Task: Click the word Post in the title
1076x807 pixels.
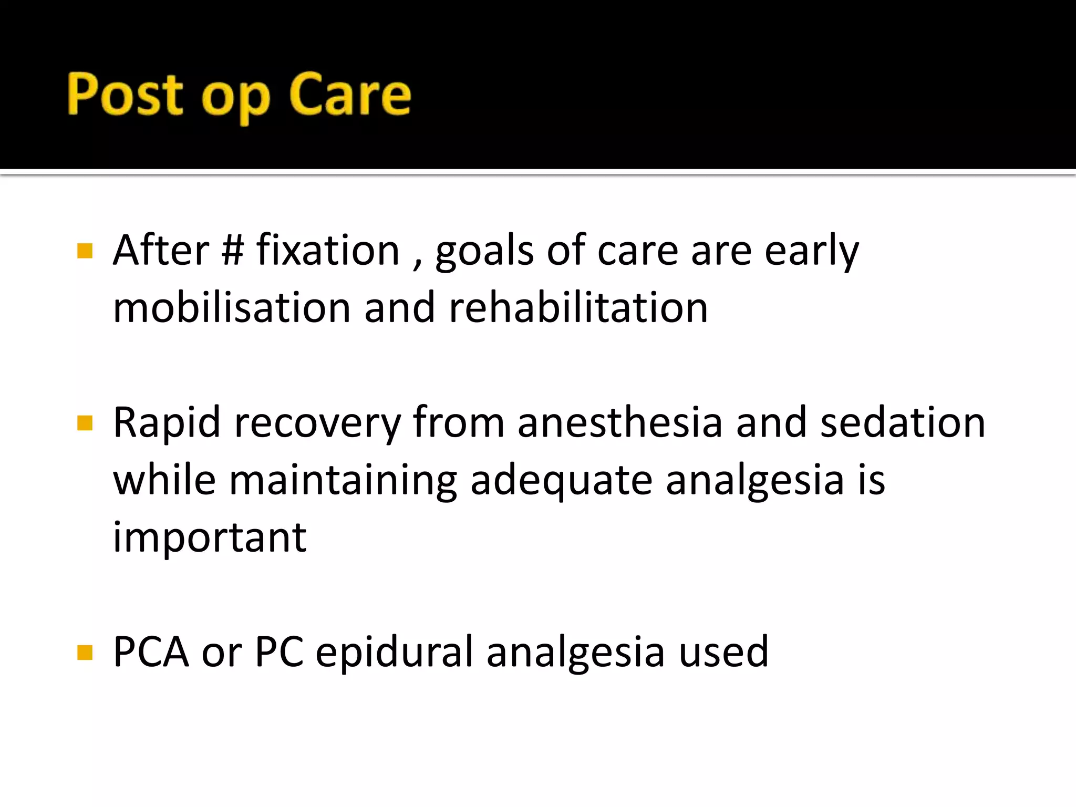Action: tap(125, 95)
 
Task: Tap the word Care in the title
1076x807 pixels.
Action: tap(350, 95)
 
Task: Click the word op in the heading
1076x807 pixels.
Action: tap(236, 100)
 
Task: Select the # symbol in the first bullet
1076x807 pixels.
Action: tap(233, 251)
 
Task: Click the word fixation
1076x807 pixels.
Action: tap(328, 251)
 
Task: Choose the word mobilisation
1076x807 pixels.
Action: tap(232, 308)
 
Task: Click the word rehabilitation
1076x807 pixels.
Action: tap(578, 308)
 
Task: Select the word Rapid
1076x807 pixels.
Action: tap(167, 423)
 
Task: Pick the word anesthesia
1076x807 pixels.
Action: tap(620, 423)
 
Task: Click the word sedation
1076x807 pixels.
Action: tap(903, 423)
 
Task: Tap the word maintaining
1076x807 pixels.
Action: tap(343, 481)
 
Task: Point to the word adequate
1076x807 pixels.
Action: tap(561, 481)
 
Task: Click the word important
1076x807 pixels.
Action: tap(210, 538)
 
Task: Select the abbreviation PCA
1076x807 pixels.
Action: tap(151, 652)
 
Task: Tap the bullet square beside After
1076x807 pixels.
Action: tap(85, 251)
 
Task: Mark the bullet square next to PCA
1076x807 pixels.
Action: tap(85, 653)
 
